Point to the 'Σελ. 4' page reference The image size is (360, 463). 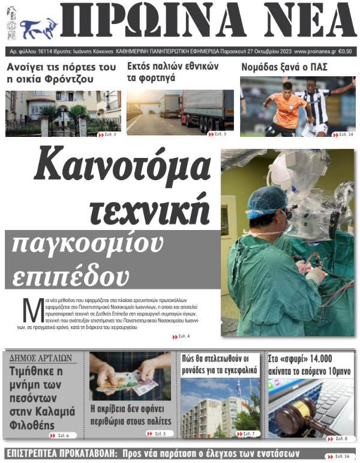pos(183,336)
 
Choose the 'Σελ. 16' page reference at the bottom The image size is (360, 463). pos(339,456)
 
